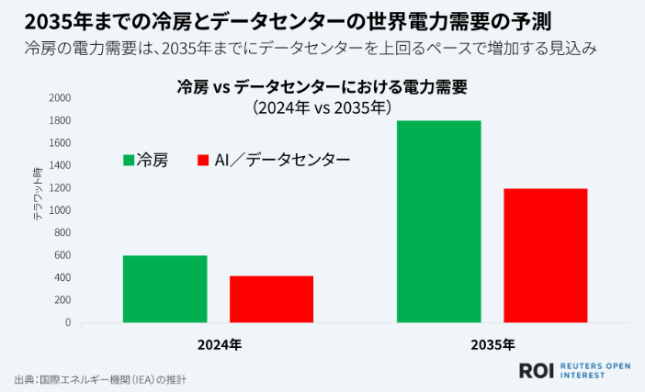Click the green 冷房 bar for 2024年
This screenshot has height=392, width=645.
click(x=164, y=289)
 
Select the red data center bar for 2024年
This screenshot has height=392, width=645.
click(x=271, y=299)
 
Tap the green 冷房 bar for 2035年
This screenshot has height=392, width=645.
click(x=438, y=221)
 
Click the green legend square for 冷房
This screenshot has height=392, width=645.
click(x=128, y=160)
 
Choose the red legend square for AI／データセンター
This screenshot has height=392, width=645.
click(x=205, y=160)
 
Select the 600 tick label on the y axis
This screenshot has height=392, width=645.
click(x=62, y=255)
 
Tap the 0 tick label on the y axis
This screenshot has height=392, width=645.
click(x=67, y=323)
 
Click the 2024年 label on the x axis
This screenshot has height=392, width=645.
click(x=219, y=345)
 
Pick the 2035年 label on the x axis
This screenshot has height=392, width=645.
click(x=492, y=345)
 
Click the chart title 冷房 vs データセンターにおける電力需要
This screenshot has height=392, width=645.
click(x=322, y=88)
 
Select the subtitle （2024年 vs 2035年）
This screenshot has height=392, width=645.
click(x=322, y=107)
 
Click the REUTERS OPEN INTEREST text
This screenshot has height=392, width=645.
click(x=594, y=370)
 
